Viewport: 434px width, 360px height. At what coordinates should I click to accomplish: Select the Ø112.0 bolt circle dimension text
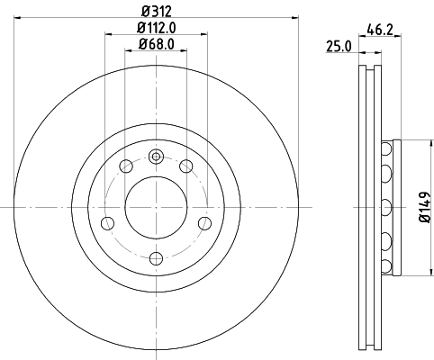158,27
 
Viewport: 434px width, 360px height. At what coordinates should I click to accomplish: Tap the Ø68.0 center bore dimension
158,43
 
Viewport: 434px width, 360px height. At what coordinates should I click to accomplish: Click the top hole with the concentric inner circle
157,156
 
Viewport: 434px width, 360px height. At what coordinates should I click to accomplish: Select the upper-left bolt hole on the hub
126,166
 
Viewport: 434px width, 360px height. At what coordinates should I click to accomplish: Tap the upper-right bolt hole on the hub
187,166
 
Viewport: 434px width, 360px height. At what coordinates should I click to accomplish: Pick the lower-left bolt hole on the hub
108,222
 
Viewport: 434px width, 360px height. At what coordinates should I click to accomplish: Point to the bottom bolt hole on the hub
157,257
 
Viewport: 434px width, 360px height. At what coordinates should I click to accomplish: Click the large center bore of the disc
157,206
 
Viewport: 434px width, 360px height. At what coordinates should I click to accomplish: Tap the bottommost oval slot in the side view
387,267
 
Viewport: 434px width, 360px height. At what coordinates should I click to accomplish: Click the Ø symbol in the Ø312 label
145,12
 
